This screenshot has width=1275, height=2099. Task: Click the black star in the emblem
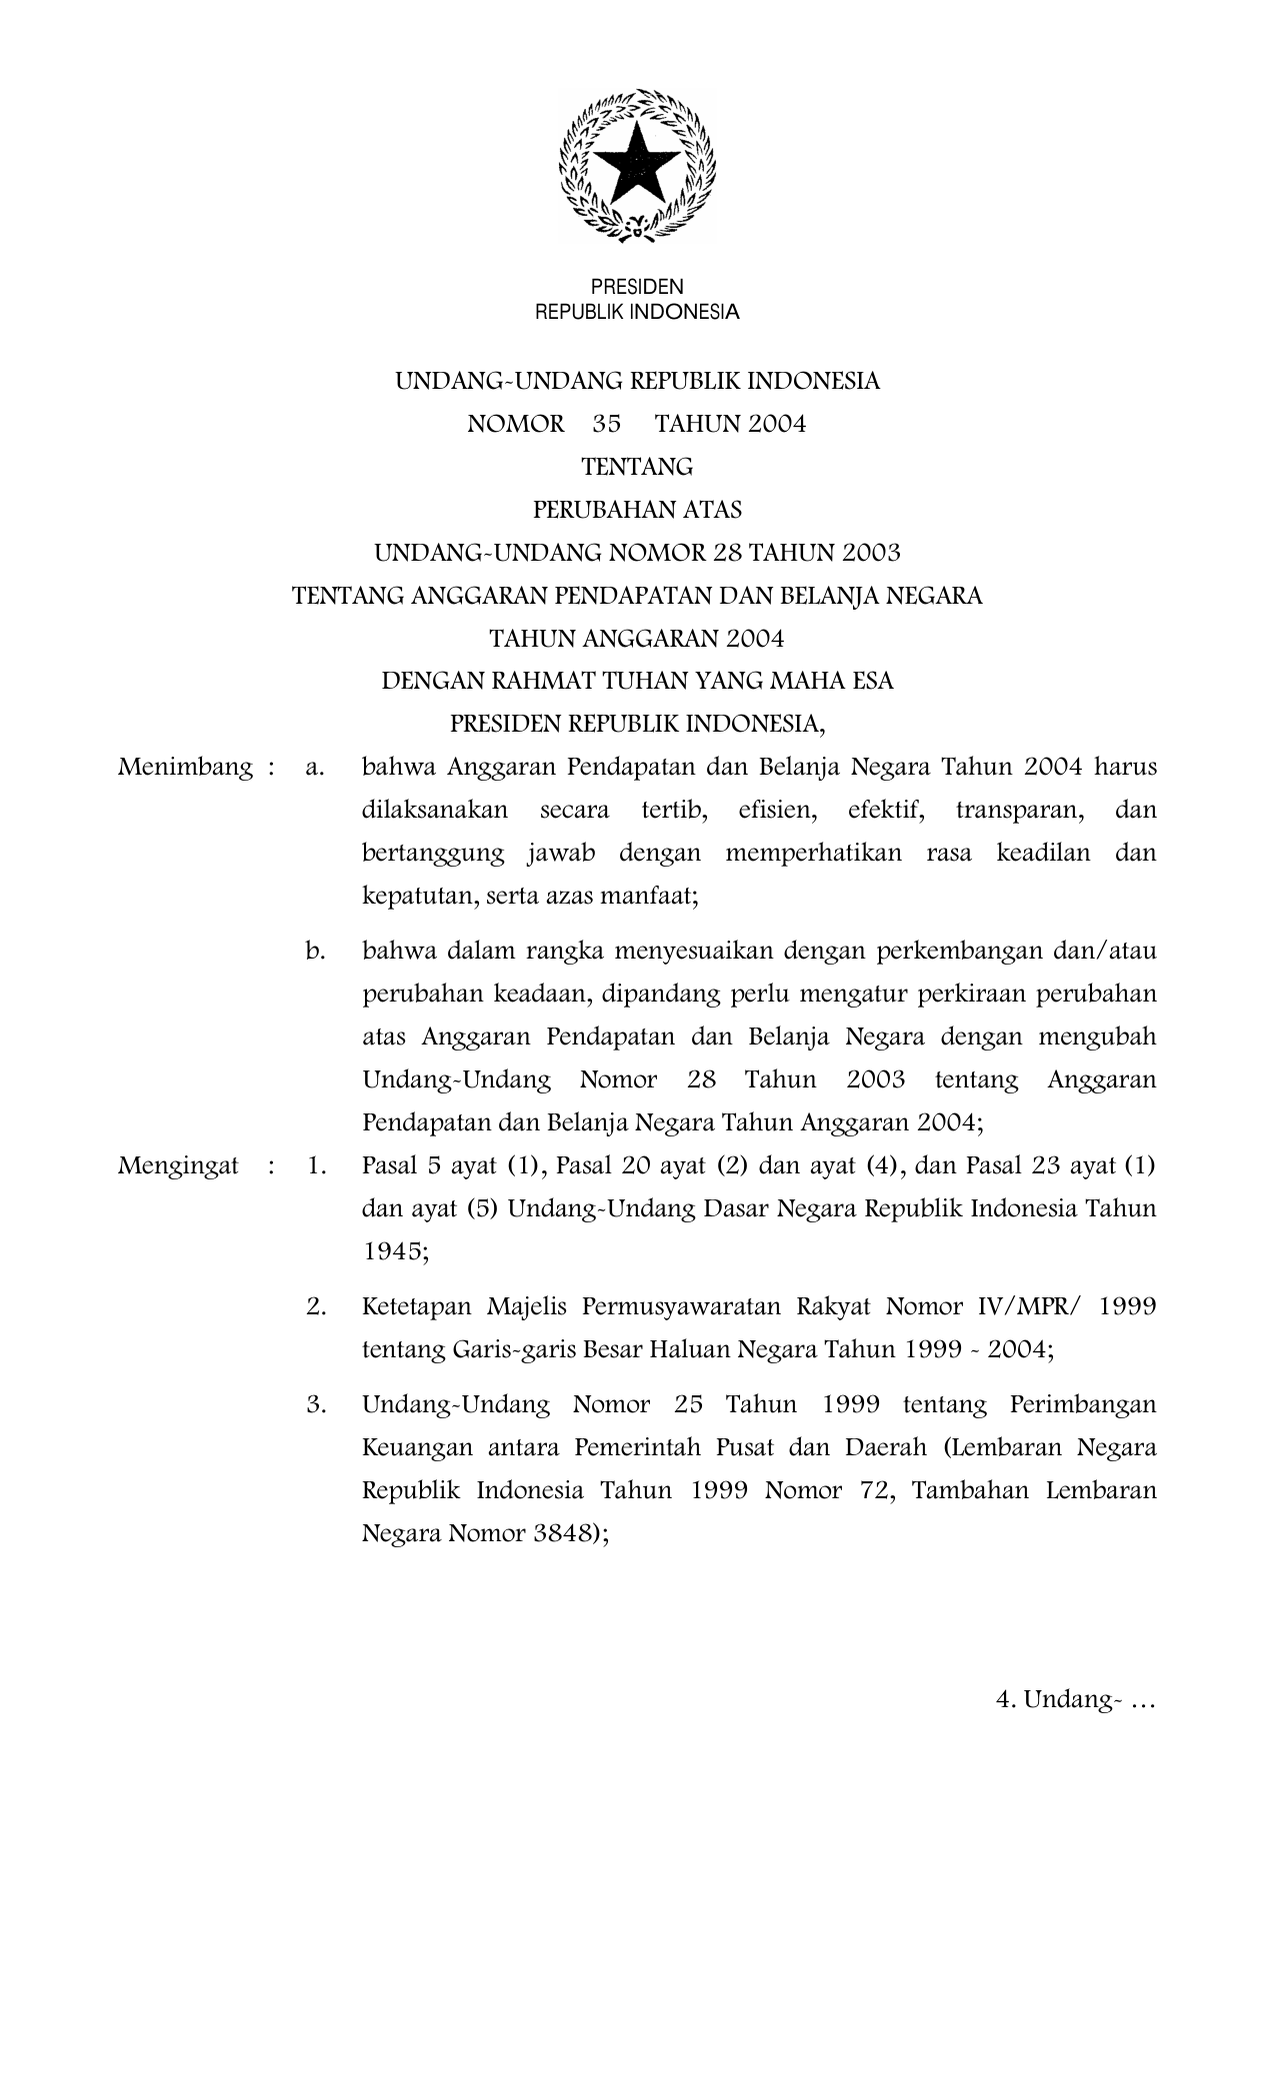point(637,163)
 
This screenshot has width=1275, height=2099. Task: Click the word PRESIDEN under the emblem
point(637,287)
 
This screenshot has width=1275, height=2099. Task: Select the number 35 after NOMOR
point(606,424)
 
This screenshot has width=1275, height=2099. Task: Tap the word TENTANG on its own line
point(637,467)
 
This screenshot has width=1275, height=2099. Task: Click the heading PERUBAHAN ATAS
point(637,510)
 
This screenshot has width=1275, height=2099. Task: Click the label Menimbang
point(185,768)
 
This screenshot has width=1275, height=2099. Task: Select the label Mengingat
point(178,1165)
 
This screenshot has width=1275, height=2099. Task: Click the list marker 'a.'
point(316,768)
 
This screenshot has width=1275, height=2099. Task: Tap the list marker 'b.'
point(316,951)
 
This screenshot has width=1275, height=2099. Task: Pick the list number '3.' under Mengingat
point(317,1404)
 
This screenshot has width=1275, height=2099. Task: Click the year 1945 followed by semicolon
point(392,1251)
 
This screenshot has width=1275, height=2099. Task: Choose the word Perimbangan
point(1083,1404)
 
